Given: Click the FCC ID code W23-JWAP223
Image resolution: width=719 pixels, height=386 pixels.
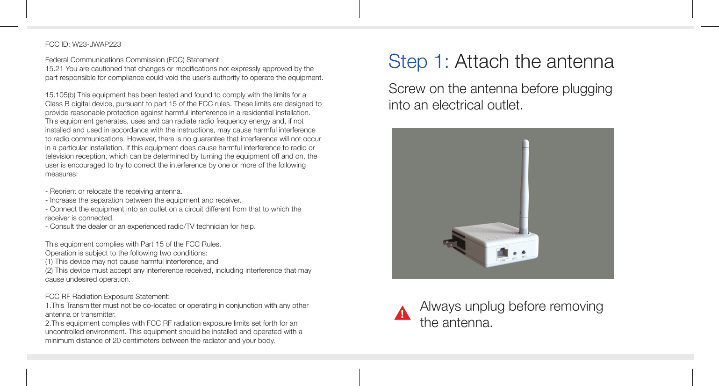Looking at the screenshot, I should [x=96, y=44].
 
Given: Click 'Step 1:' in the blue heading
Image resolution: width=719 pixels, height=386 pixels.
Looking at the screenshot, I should [x=418, y=62].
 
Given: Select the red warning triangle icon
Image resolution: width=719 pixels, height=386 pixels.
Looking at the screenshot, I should [x=402, y=313].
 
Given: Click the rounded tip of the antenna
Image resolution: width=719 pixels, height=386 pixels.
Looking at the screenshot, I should [x=525, y=142].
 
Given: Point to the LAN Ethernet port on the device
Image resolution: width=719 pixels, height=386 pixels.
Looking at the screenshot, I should [x=503, y=254].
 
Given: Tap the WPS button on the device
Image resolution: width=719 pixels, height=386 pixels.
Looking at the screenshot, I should [x=524, y=253].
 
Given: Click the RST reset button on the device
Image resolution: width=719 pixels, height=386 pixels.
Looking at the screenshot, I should [x=515, y=254].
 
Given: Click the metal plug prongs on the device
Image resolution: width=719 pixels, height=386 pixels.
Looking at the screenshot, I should [x=449, y=242].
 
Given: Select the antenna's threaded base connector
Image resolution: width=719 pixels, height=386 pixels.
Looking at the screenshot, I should [x=524, y=230].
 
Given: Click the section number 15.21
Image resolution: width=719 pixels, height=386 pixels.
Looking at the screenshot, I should [x=54, y=69].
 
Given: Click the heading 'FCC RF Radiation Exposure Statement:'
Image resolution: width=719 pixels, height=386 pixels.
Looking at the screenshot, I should [x=107, y=297].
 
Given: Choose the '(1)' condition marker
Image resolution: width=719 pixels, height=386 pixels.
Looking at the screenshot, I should [x=49, y=262].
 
